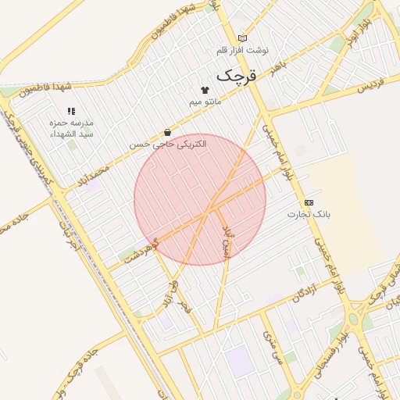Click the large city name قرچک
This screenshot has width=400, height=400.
(235, 76)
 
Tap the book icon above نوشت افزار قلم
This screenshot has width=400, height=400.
(242, 38)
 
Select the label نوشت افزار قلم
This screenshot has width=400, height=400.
(242, 50)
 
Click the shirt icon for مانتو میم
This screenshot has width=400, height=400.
(205, 90)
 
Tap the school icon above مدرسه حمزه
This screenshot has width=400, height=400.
(71, 112)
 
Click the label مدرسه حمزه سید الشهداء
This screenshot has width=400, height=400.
(71, 129)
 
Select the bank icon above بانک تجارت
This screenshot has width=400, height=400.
(309, 202)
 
